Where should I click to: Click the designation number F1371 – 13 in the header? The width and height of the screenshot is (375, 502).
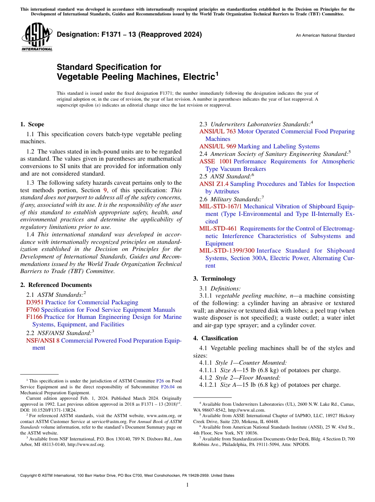tap(129, 34)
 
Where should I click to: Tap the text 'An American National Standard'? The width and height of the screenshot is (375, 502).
tap(325, 36)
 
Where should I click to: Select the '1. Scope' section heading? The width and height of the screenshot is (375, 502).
tap(32, 124)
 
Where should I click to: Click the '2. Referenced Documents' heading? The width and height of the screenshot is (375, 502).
tap(56, 285)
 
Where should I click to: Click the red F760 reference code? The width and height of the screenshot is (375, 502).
tap(33, 310)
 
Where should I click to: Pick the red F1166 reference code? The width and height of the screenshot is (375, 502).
tap(34, 317)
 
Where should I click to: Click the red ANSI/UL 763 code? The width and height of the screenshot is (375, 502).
tap(217, 131)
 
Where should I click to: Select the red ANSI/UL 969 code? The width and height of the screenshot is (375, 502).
tap(217, 146)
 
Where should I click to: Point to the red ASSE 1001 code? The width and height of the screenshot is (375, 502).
tap(216, 161)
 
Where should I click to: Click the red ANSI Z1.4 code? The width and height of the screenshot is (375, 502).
tap(214, 184)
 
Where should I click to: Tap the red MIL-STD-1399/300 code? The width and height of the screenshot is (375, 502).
tap(227, 251)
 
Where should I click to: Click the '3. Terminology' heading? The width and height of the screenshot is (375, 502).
tap(214, 279)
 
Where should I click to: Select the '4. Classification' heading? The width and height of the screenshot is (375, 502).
tap(216, 338)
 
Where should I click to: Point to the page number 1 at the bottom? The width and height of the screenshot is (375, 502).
tap(187, 485)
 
